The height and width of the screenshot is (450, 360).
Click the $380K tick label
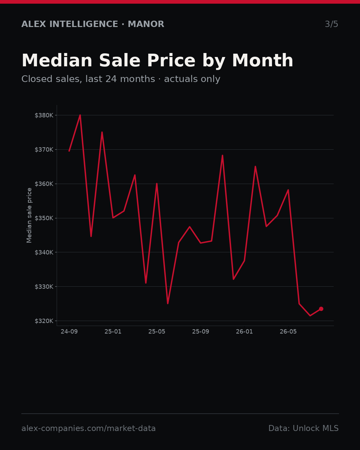click(x=44, y=115)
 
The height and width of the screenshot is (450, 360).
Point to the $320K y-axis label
click(x=44, y=321)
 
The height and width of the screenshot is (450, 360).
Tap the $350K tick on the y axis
click(x=44, y=218)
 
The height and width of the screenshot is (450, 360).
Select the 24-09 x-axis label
click(x=69, y=332)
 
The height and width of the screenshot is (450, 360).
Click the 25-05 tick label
click(x=157, y=332)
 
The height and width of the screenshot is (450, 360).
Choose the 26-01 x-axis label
click(x=244, y=332)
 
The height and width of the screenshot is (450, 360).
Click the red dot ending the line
click(x=321, y=309)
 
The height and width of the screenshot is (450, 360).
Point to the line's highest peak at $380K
click(x=80, y=115)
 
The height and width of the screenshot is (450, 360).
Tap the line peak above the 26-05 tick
click(x=288, y=190)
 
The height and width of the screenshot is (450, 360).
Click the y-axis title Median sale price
click(x=29, y=215)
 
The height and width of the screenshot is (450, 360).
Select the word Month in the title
click(x=263, y=61)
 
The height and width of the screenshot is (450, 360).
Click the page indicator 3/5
click(x=331, y=24)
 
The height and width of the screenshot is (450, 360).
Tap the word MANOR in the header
click(x=146, y=24)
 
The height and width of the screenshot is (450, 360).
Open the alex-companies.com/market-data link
click(x=88, y=428)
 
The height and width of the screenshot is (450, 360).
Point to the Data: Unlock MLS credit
click(x=304, y=428)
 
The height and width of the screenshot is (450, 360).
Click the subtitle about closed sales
click(x=121, y=79)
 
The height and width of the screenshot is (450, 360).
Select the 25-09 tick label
click(x=201, y=332)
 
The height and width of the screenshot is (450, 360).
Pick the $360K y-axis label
click(x=44, y=184)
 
